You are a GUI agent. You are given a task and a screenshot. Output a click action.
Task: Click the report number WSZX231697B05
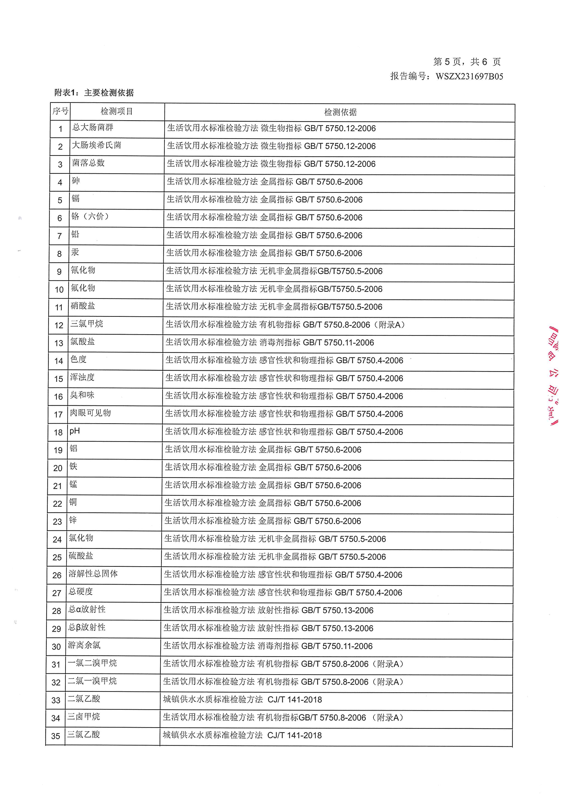click(469, 76)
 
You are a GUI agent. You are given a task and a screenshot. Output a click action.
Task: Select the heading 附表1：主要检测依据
click(94, 93)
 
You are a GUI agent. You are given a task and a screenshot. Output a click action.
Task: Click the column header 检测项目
click(117, 112)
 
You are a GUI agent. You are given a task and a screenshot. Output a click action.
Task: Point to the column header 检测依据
click(340, 112)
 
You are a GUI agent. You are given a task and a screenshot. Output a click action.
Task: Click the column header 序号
click(60, 112)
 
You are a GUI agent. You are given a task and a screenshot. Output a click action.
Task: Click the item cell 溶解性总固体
click(93, 574)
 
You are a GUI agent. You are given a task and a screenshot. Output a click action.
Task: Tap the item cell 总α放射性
click(87, 609)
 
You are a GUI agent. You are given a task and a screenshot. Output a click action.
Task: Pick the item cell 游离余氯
click(84, 645)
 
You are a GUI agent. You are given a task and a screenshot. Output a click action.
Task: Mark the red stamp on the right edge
click(553, 375)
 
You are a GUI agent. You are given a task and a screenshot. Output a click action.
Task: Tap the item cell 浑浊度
click(82, 377)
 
